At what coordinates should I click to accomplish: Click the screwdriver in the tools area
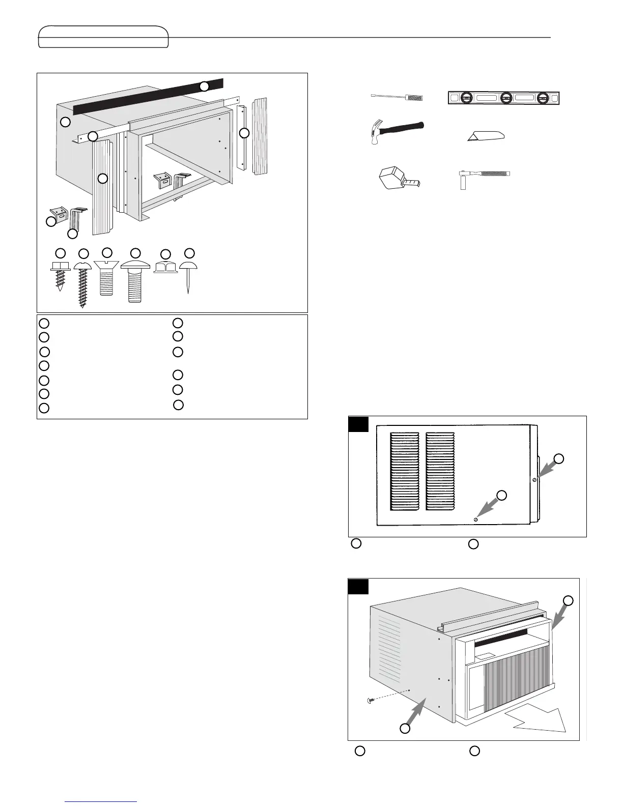(395, 97)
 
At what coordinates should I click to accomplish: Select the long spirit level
(503, 98)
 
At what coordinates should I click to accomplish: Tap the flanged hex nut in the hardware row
(165, 268)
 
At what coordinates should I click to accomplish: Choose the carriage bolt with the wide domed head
(135, 280)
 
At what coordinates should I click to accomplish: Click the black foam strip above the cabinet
(148, 96)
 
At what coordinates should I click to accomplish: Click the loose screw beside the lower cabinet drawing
(371, 701)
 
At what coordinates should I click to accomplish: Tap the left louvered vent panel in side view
(405, 471)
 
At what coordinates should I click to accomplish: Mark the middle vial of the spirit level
(506, 98)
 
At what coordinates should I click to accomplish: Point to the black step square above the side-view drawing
(358, 424)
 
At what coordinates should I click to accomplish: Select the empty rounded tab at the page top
(103, 37)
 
